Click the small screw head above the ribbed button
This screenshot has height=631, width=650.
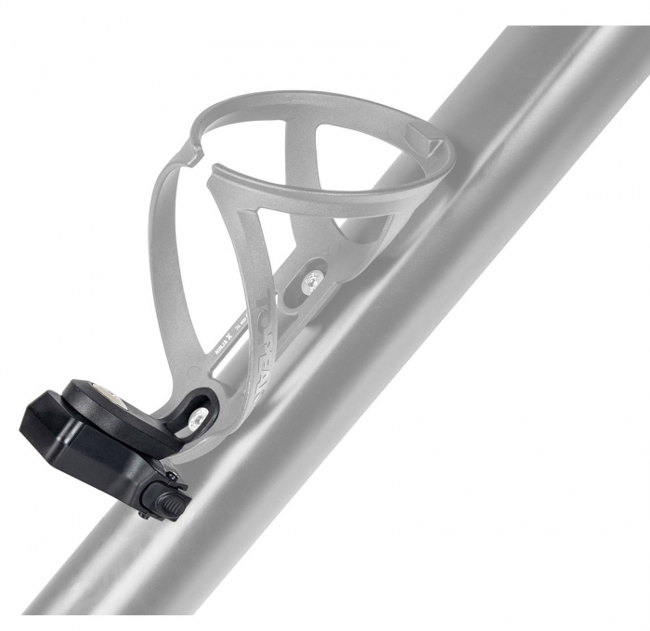[x=171, y=477]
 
